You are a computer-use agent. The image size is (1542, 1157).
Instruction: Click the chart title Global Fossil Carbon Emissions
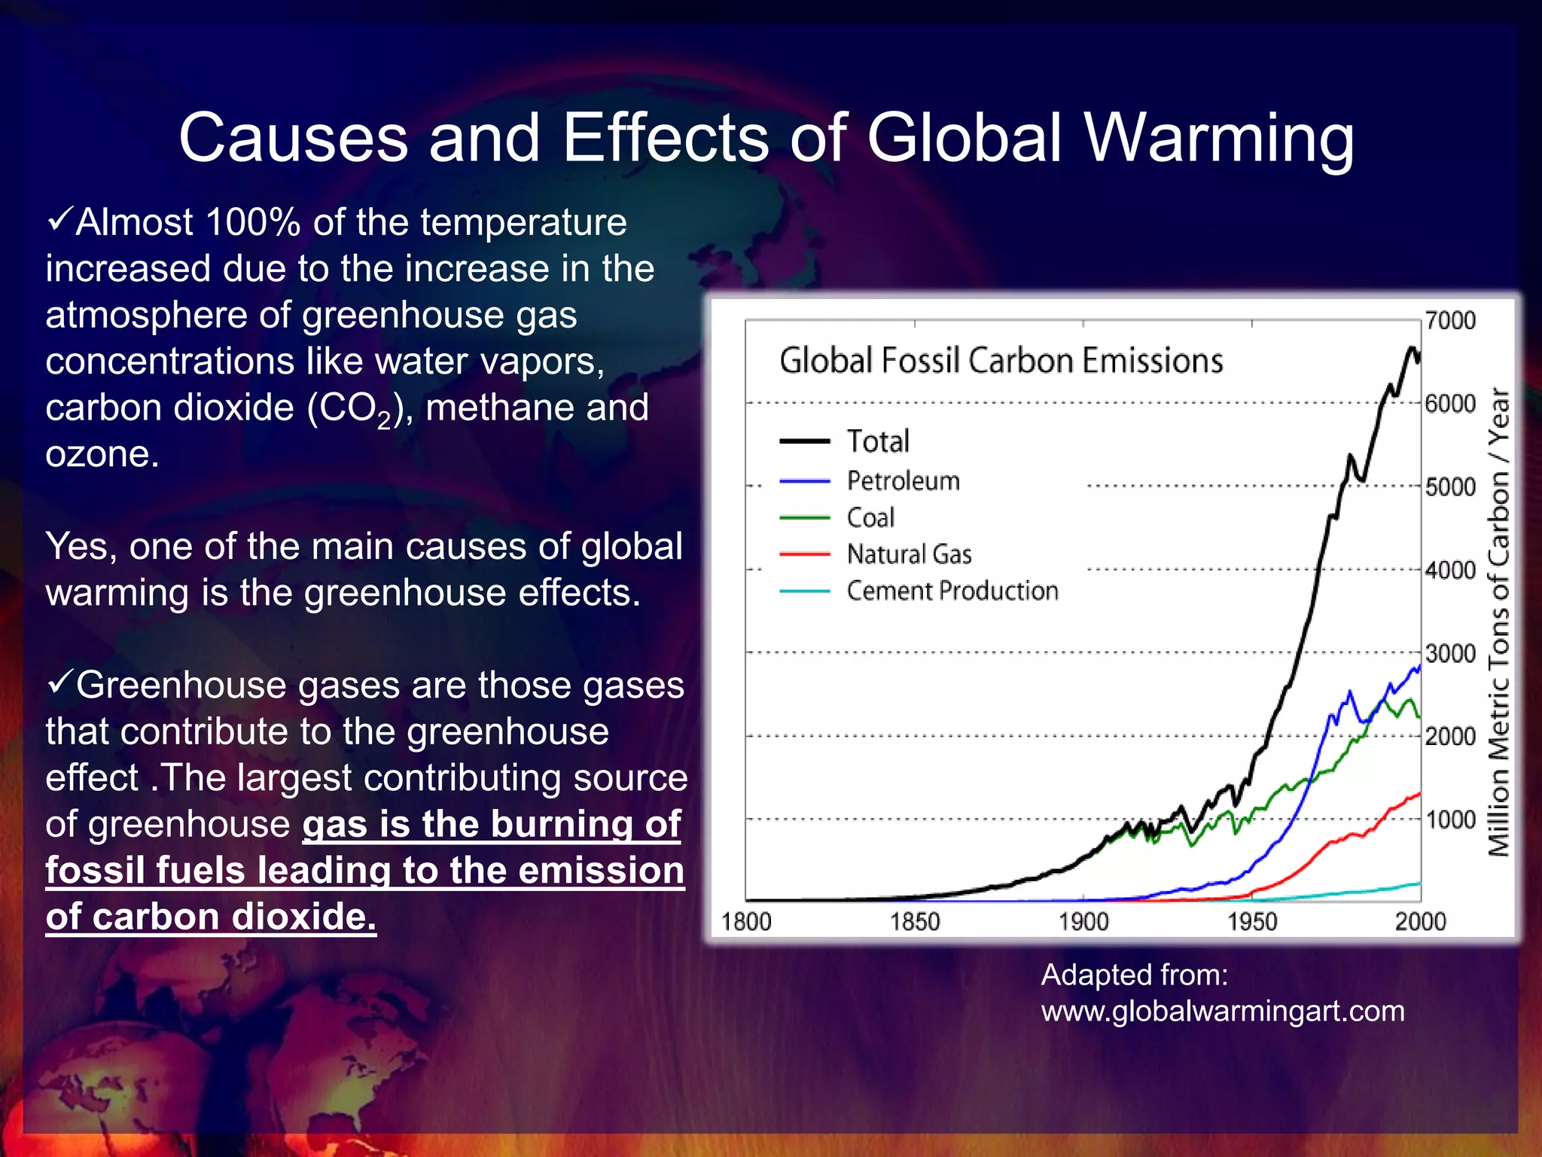[x=1001, y=360]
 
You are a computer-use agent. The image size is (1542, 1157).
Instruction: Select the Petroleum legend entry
[x=903, y=481]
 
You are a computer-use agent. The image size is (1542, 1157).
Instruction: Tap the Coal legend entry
[x=870, y=517]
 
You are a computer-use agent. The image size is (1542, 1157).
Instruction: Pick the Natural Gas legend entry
[x=909, y=554]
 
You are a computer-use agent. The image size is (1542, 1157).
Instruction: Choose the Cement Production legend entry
[x=952, y=591]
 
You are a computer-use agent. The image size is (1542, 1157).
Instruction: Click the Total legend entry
[x=878, y=441]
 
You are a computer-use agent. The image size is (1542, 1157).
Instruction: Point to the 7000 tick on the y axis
[x=1450, y=321]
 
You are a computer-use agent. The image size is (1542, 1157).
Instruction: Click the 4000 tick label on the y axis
[x=1450, y=570]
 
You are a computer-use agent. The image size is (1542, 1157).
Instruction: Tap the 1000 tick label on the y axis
[x=1450, y=820]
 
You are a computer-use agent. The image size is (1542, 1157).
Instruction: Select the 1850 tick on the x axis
[x=915, y=921]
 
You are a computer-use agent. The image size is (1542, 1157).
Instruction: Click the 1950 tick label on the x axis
[x=1252, y=921]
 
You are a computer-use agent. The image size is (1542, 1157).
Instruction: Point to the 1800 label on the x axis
[x=746, y=921]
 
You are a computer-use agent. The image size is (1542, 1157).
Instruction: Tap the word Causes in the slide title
[x=294, y=139]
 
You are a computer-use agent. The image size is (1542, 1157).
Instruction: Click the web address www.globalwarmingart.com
[x=1223, y=1011]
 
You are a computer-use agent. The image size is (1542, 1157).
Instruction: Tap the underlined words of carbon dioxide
[x=211, y=917]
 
